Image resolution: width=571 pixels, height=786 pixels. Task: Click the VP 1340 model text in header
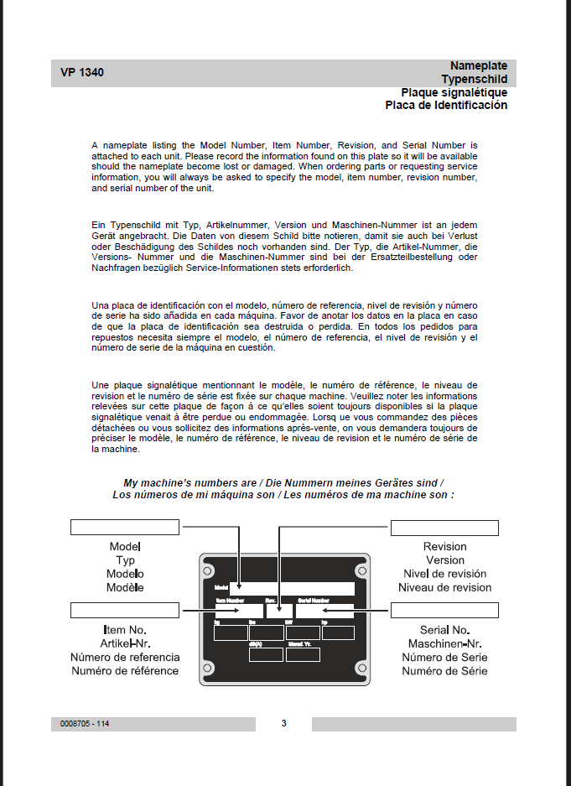point(82,73)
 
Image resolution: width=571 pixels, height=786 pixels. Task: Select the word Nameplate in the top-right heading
point(478,65)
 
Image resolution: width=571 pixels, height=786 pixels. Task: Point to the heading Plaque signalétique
point(454,92)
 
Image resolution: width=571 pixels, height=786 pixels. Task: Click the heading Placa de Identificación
point(446,106)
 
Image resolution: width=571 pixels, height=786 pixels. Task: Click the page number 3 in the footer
point(283,723)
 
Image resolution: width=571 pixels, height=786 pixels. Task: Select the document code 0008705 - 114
point(85,724)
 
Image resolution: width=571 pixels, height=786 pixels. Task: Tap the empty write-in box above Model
point(125,527)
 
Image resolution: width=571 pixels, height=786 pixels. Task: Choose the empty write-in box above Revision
point(444,528)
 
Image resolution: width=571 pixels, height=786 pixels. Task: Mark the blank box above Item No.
point(125,610)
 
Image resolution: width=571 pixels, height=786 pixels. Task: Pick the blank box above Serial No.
point(444,610)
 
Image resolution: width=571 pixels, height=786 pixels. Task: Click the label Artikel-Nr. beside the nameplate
point(125,643)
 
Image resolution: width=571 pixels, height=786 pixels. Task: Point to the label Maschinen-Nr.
point(444,643)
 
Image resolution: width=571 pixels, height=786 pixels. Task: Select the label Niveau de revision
point(444,587)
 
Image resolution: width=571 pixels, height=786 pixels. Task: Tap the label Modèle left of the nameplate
point(125,587)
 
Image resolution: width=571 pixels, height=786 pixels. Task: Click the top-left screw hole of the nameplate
point(208,570)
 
